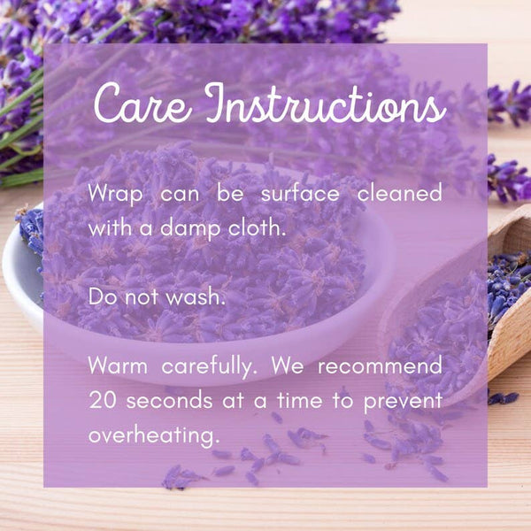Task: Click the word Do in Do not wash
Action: point(100,296)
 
